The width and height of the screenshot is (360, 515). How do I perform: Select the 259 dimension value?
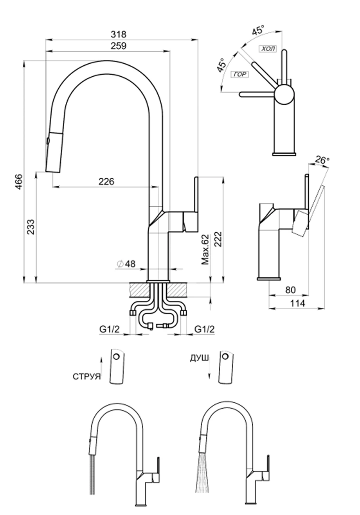(x=119, y=46)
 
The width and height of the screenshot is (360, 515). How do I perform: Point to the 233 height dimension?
(x=32, y=227)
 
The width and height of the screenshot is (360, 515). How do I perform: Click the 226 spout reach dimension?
(x=106, y=181)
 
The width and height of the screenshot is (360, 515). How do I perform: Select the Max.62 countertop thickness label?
(x=206, y=249)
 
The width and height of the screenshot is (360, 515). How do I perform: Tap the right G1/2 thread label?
(x=204, y=330)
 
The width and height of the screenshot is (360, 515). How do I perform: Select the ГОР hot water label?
(x=240, y=74)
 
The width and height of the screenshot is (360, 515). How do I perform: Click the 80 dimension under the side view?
(x=290, y=290)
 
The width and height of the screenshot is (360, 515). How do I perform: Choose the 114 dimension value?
(x=299, y=303)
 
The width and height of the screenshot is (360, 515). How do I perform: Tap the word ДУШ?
(x=199, y=358)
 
